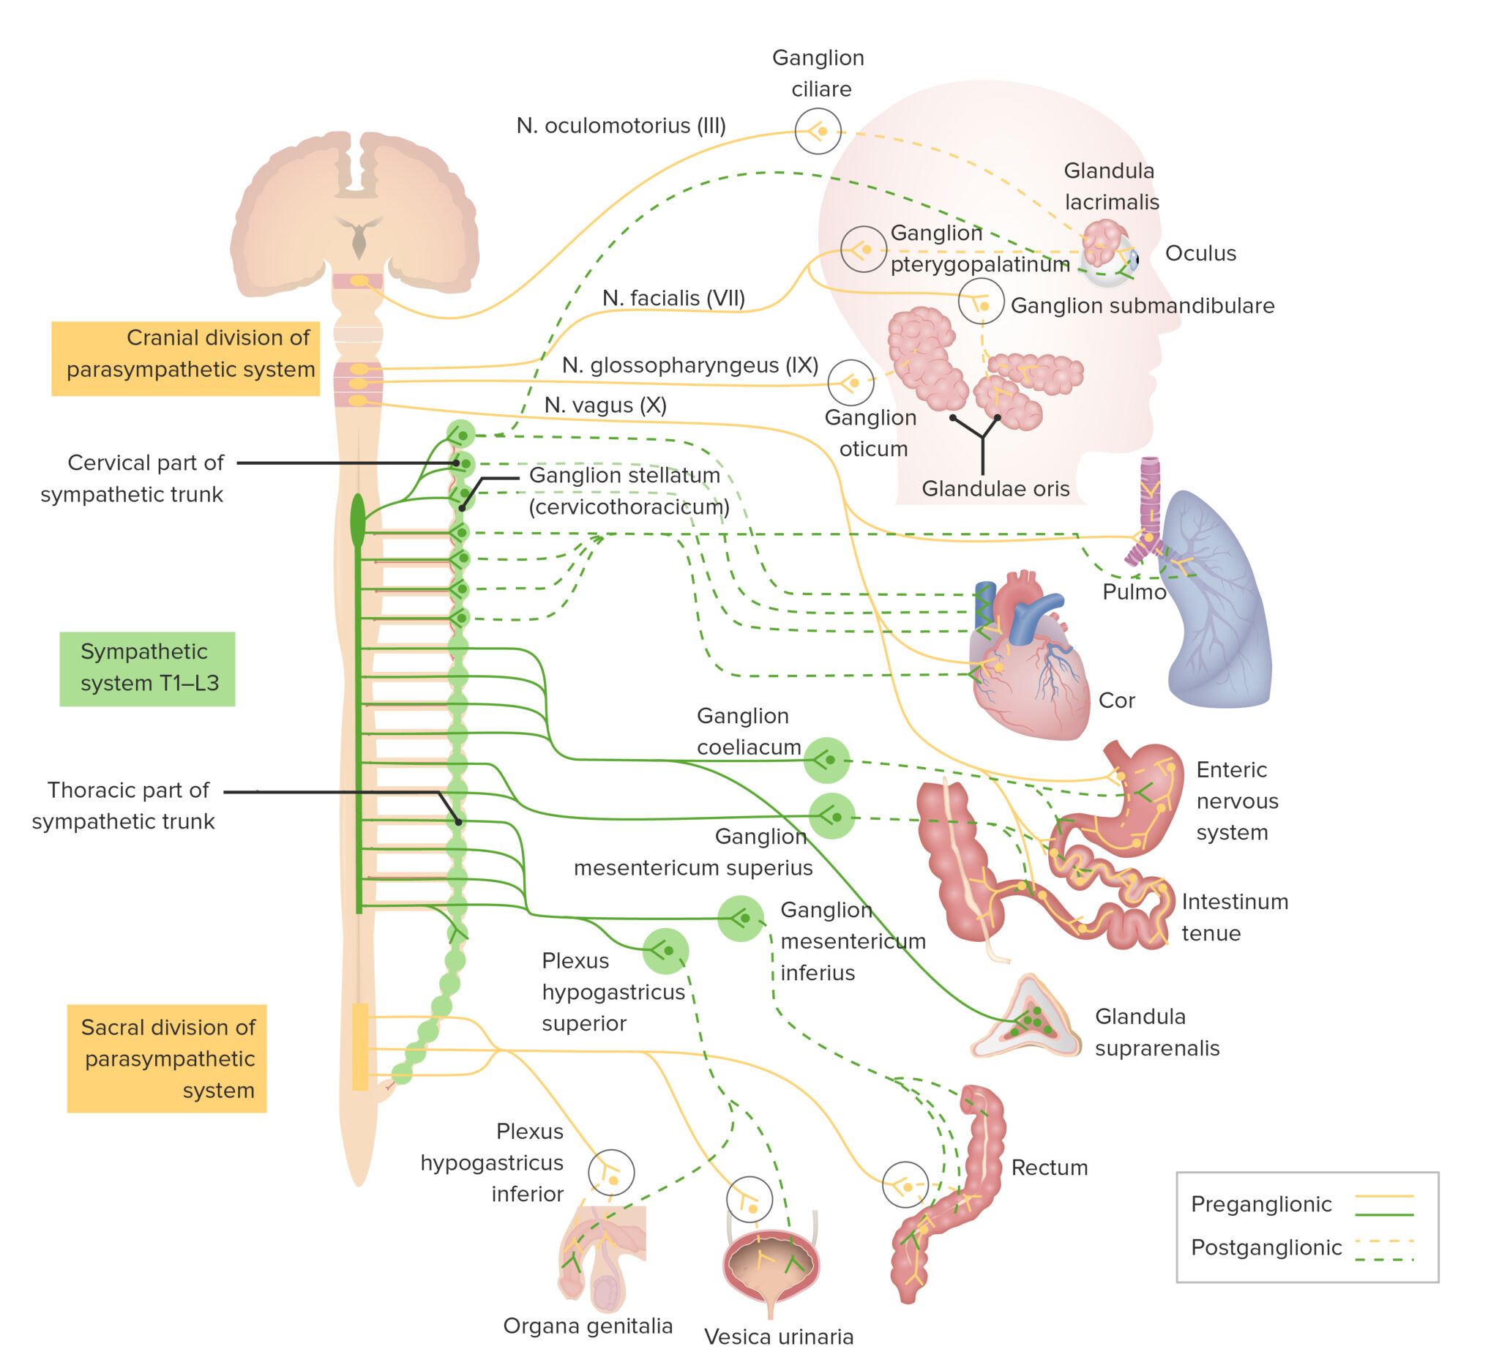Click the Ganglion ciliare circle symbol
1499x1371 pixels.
(x=818, y=131)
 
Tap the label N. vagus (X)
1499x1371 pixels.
(x=605, y=406)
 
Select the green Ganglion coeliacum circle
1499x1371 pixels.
(x=827, y=760)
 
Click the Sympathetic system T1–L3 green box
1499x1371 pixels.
(x=147, y=668)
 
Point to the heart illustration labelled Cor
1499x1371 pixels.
(x=1030, y=662)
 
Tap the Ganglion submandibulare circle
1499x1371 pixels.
(x=982, y=301)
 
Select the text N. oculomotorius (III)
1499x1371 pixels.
(x=621, y=126)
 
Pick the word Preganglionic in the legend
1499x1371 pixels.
(x=1261, y=1203)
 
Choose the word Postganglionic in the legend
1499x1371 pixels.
(x=1266, y=1247)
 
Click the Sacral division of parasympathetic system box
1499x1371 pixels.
(x=167, y=1058)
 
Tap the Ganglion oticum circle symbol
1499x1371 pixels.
(x=851, y=382)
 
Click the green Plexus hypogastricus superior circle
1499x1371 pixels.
(x=665, y=951)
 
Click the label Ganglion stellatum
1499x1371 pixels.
(x=624, y=475)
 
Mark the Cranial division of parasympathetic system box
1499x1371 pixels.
(x=185, y=359)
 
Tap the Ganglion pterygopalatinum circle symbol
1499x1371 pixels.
(x=863, y=249)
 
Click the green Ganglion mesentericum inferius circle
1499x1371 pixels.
(x=741, y=918)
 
